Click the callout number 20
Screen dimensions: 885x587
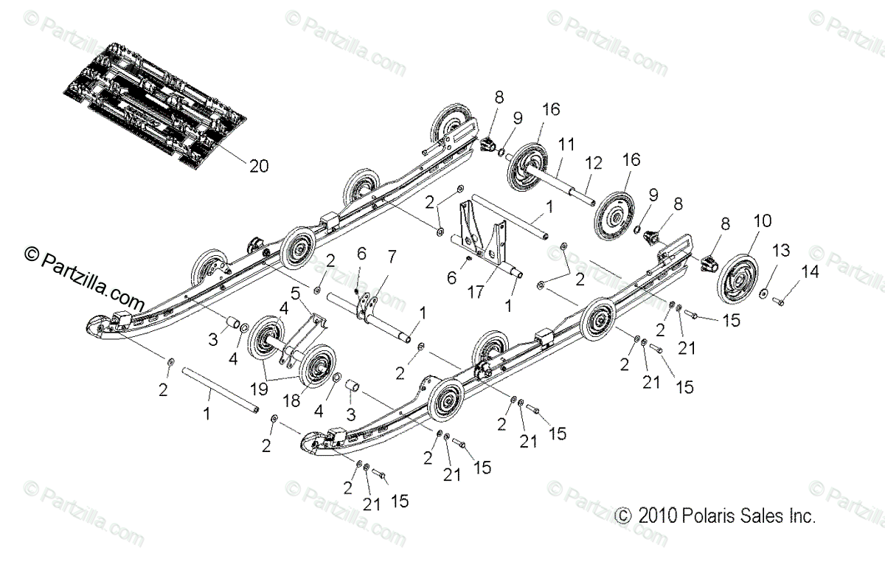click(237, 166)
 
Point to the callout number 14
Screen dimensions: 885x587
click(810, 271)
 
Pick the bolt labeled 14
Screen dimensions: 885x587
click(783, 298)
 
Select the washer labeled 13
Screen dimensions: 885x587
click(766, 294)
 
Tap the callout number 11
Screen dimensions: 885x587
click(566, 145)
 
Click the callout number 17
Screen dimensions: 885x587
click(476, 293)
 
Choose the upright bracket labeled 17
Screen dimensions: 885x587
click(483, 229)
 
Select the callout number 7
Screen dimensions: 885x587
click(392, 257)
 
